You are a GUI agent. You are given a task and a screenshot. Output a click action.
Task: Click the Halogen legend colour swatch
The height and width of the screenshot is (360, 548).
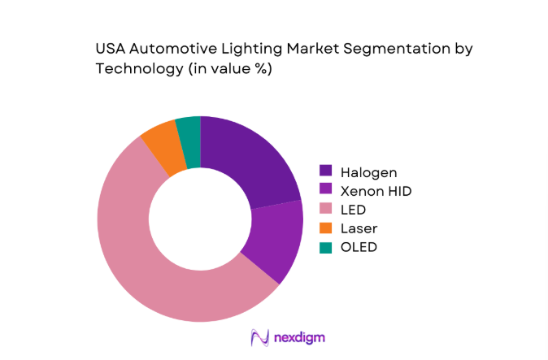tap(326, 171)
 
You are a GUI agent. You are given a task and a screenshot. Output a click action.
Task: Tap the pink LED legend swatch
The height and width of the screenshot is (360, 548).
tap(326, 209)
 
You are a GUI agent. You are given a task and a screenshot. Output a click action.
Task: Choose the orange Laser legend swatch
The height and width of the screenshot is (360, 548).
tap(326, 228)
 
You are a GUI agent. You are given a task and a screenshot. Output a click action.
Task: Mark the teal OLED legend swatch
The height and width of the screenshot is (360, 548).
tap(326, 247)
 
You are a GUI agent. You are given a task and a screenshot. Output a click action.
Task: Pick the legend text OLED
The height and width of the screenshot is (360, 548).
tap(359, 247)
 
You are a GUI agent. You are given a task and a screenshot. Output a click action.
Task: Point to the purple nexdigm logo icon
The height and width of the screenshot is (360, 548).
tap(259, 336)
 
